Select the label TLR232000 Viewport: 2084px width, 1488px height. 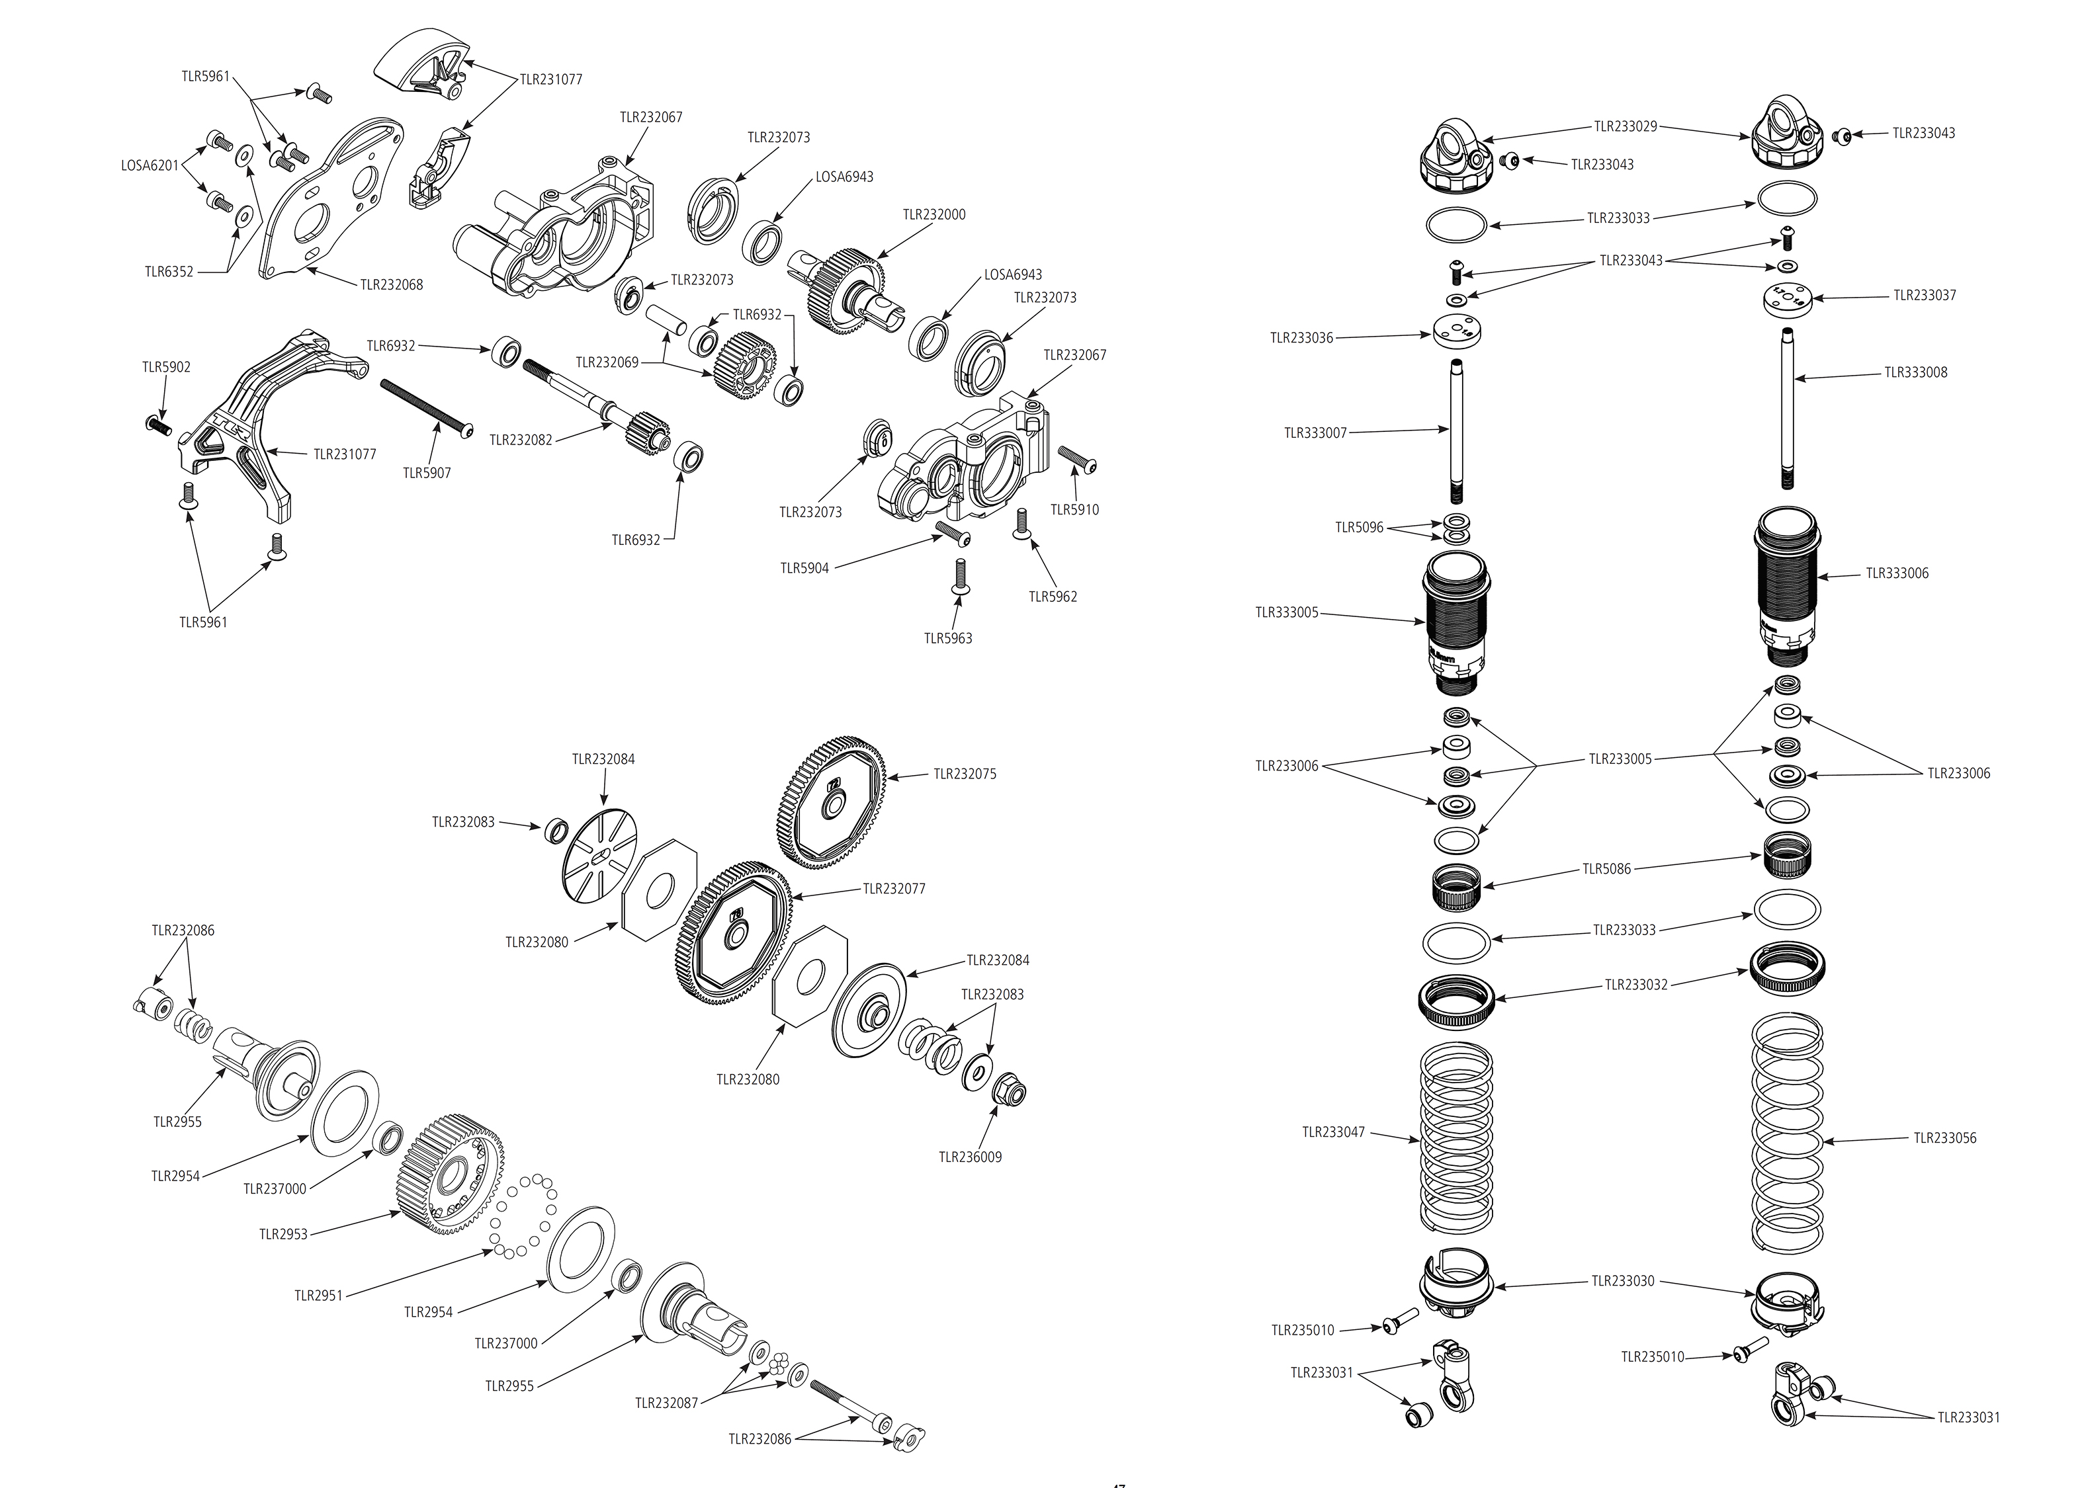934,214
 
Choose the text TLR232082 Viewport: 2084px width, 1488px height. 521,440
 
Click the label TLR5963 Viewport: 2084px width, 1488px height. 947,639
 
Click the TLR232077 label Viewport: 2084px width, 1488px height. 894,889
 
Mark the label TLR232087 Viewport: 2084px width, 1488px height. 666,1403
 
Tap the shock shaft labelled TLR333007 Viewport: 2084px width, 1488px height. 1456,431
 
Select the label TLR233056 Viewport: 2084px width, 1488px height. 1944,1138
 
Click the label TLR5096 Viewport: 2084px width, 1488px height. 1359,527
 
